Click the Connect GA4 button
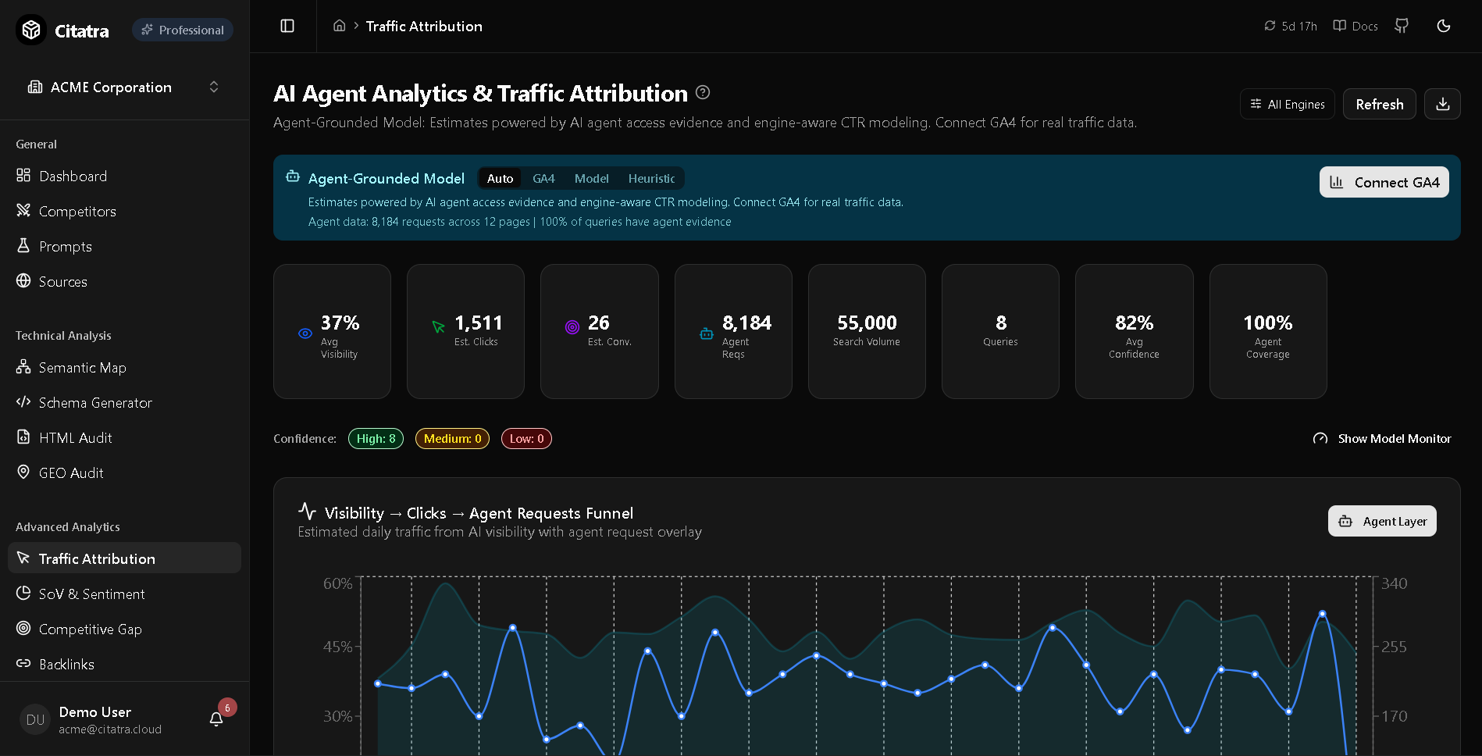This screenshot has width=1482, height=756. coord(1384,182)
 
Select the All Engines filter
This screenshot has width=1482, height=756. coord(1287,104)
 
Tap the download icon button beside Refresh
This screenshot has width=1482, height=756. coord(1442,104)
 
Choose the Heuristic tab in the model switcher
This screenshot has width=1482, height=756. coord(651,179)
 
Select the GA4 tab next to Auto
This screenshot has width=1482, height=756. coord(543,179)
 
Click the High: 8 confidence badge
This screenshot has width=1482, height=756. coord(376,439)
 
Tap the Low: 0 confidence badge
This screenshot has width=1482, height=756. coord(526,439)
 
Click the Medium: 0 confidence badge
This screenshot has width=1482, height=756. coord(452,439)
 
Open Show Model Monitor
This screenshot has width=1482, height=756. coord(1382,439)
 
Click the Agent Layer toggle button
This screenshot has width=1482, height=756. coord(1382,521)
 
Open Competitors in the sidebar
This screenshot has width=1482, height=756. coord(77,212)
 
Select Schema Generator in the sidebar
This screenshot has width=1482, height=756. coord(95,403)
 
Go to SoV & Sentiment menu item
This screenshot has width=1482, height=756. coord(91,594)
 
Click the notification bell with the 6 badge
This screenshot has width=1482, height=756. coord(216,719)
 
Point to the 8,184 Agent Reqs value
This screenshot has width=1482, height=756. coord(746,323)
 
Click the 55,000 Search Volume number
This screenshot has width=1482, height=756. coord(867,323)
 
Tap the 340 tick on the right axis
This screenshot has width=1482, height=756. coord(1394,583)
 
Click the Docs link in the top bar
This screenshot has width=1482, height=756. coord(1356,26)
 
